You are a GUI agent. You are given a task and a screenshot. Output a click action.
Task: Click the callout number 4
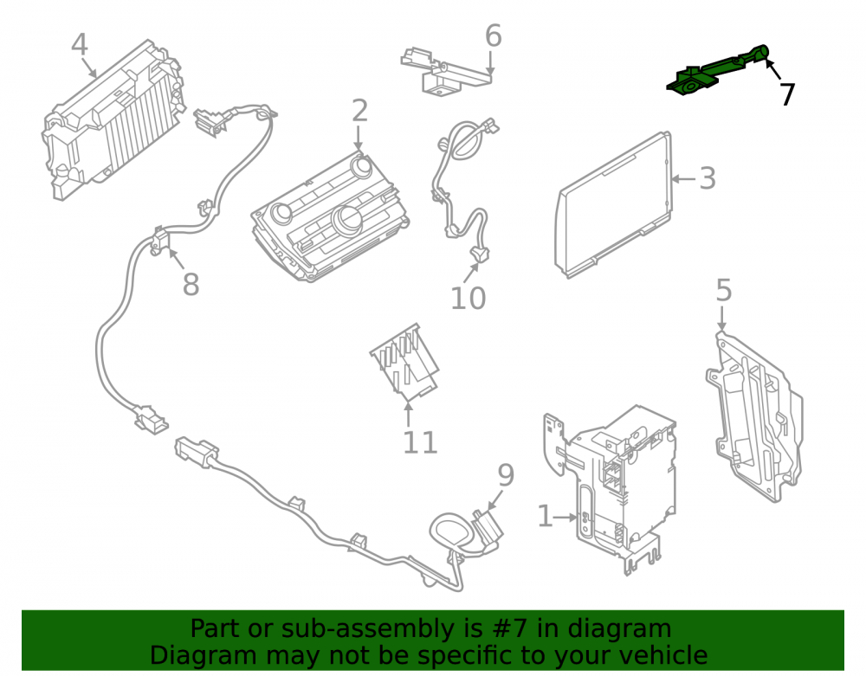click(x=80, y=44)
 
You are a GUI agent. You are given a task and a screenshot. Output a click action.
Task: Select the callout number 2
click(x=359, y=111)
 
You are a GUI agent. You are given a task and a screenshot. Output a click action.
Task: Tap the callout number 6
click(x=494, y=35)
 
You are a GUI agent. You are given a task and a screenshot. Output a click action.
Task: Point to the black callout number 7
click(x=787, y=94)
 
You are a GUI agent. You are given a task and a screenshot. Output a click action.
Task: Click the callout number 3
click(x=708, y=178)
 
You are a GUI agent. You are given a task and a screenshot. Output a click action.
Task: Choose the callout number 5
click(x=723, y=290)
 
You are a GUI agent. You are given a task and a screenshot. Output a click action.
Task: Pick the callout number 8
click(x=191, y=285)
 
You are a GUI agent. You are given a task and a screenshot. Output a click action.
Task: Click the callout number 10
click(x=469, y=298)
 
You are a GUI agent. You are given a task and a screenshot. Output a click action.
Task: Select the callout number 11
click(x=420, y=442)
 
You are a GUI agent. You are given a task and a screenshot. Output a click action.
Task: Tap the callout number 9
click(x=506, y=475)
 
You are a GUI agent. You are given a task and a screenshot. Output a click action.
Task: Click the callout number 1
click(x=545, y=517)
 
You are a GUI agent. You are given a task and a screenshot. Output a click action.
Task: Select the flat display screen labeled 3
click(x=614, y=205)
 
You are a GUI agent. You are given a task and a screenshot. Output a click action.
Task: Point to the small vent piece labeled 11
click(x=404, y=362)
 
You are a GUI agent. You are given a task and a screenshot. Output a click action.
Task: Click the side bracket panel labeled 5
click(x=754, y=417)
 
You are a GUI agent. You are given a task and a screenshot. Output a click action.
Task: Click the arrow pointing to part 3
click(x=684, y=179)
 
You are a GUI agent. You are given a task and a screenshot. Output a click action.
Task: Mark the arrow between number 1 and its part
click(x=565, y=517)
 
